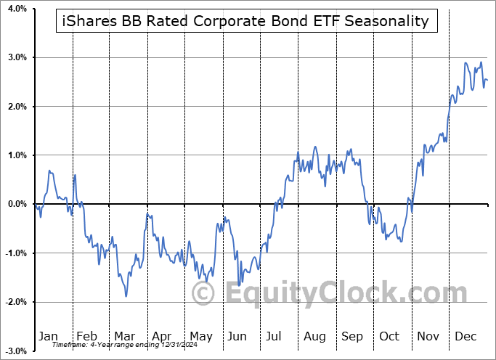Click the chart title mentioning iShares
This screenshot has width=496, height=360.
click(247, 21)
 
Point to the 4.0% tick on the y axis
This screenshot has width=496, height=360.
click(16, 9)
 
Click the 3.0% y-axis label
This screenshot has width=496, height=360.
click(16, 57)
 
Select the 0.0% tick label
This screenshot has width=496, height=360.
click(16, 204)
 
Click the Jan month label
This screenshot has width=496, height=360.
click(48, 336)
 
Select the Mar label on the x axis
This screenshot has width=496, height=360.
click(124, 336)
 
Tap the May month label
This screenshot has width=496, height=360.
click(200, 336)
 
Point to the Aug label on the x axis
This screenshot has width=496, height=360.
click(314, 336)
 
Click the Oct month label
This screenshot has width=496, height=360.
click(390, 336)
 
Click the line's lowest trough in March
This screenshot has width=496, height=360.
click(126, 295)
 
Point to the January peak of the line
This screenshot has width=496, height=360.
click(49, 171)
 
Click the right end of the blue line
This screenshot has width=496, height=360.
click(487, 80)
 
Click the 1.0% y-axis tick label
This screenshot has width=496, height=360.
click(16, 155)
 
